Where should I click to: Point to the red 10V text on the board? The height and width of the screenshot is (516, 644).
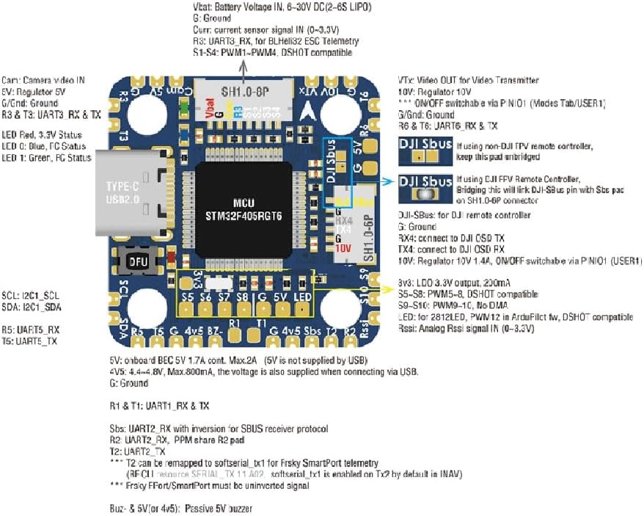pos(343,249)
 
